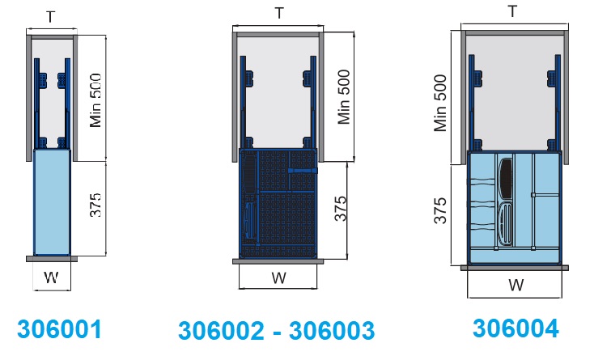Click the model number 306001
[x=59, y=329]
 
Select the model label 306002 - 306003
[x=276, y=331]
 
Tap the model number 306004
[x=516, y=328]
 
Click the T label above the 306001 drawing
[x=51, y=17]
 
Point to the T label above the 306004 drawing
[x=513, y=11]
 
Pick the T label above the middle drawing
[x=279, y=13]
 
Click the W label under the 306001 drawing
[x=52, y=277]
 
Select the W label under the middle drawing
[x=278, y=277]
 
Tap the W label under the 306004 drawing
[x=516, y=286]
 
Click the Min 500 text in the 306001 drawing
[x=95, y=100]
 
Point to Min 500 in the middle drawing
[x=344, y=97]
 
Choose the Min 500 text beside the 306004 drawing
[x=440, y=104]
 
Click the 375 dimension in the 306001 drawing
[x=95, y=205]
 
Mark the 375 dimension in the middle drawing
[x=341, y=209]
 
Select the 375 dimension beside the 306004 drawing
[x=440, y=211]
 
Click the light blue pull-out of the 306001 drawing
[x=52, y=202]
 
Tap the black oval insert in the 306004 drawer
[x=506, y=179]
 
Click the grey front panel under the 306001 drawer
[x=52, y=259]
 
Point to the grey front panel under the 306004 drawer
[x=515, y=268]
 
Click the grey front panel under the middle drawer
[x=278, y=261]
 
